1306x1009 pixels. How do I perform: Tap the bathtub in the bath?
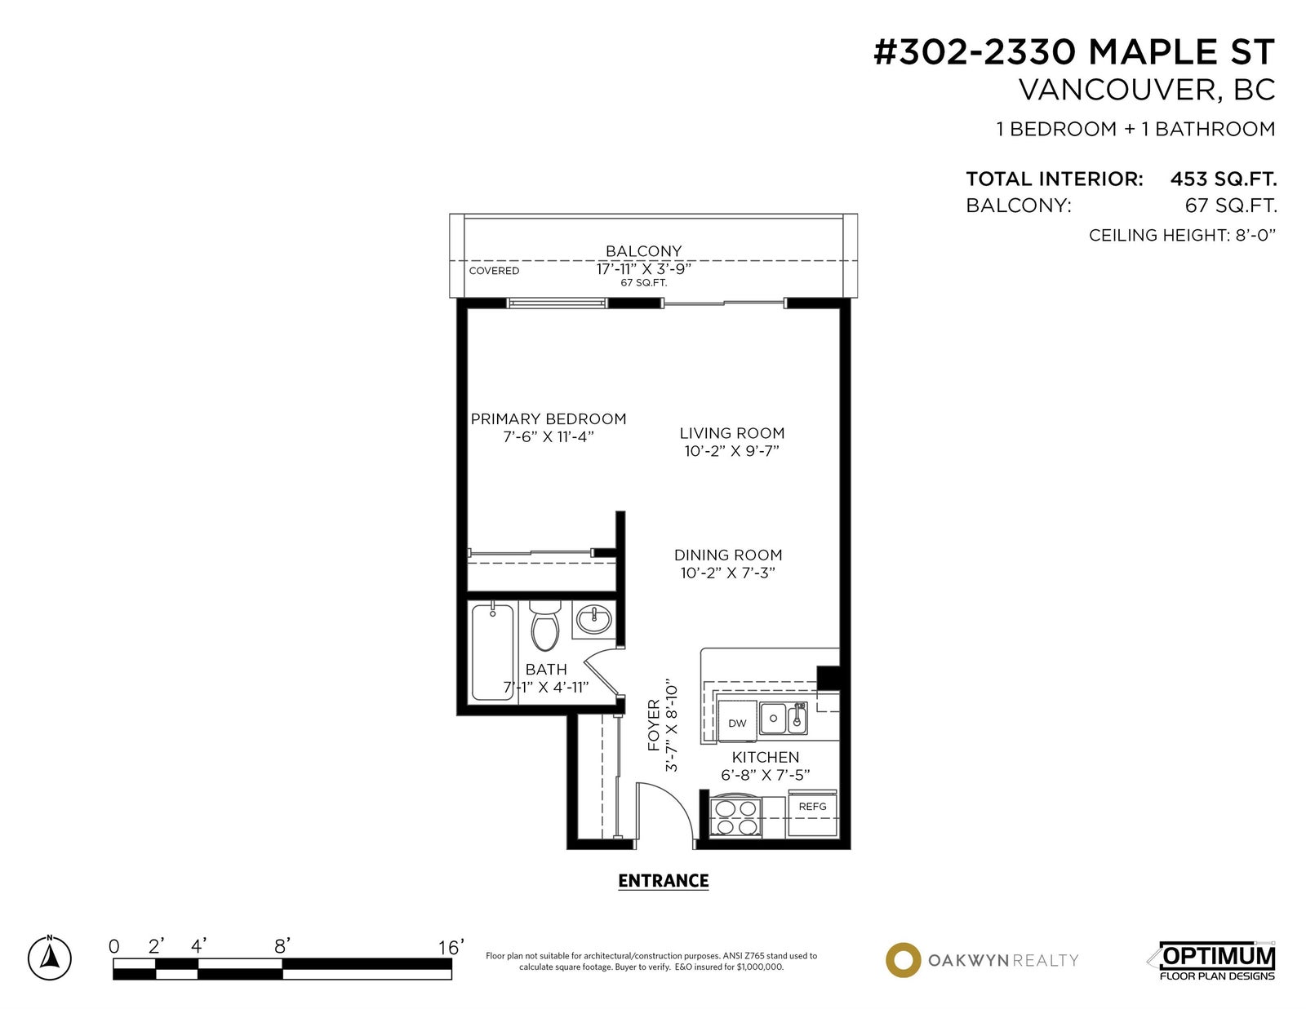pos(493,653)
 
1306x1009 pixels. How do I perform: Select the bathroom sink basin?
pos(593,618)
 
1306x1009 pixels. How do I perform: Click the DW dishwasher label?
pos(737,724)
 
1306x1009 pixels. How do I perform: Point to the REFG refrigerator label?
pos(812,807)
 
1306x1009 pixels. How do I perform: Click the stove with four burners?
pos(735,816)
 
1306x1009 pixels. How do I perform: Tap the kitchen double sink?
pos(783,718)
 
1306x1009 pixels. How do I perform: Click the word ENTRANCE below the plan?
pos(664,880)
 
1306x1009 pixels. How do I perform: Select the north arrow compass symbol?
pos(50,958)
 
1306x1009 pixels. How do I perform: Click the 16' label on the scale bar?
pos(451,948)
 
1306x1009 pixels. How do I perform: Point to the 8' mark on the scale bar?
pos(282,946)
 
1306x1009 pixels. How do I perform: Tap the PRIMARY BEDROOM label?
pos(549,418)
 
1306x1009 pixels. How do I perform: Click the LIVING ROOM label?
pos(732,433)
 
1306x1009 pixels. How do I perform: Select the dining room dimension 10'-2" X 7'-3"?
pos(728,573)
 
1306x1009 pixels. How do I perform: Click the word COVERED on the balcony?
pos(494,271)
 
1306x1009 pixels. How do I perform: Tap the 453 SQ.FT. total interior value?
pos(1224,179)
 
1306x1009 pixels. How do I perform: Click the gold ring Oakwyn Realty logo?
pos(903,960)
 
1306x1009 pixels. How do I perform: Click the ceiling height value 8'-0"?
pos(1255,235)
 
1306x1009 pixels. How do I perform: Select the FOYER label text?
pos(654,725)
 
